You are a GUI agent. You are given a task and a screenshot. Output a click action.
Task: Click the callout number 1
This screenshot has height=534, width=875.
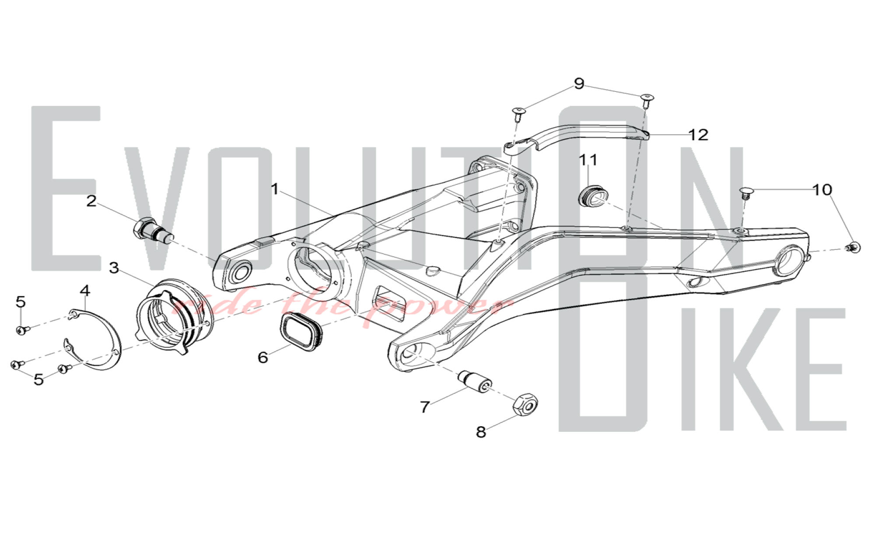275,190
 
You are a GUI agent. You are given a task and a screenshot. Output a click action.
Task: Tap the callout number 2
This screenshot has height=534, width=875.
91,201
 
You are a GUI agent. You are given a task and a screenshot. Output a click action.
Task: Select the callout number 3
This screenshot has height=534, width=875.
114,268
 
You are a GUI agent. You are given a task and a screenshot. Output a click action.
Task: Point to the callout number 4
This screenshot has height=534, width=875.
85,290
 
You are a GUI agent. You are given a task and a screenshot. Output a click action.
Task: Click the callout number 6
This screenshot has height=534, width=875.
262,358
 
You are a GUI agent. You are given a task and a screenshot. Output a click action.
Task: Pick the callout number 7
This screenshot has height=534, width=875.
425,407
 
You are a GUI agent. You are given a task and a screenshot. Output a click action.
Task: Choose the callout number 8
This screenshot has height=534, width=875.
481,432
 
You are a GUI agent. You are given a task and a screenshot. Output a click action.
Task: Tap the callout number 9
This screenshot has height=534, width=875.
579,84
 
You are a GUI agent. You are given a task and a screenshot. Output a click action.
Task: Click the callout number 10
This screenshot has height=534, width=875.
822,190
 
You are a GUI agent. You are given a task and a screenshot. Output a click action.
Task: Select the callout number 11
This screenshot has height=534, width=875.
588,160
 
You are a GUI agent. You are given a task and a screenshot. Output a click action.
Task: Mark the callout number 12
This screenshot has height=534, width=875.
698,135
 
